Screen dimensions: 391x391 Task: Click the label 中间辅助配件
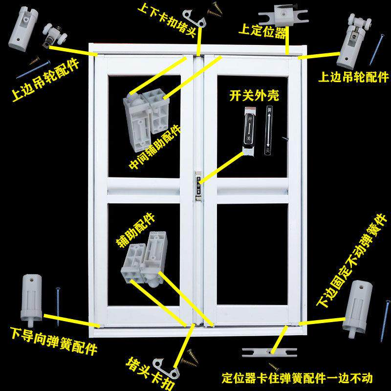tap(155, 147)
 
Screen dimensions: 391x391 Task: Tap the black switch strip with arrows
tap(268, 131)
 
